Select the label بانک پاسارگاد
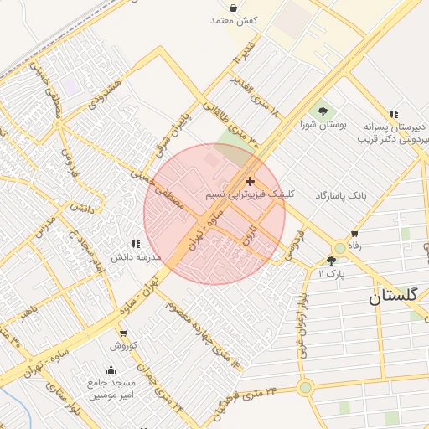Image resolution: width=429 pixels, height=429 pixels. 341,195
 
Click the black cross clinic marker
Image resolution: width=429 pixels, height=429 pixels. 249,181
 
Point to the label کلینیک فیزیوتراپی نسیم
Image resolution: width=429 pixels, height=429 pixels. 249,194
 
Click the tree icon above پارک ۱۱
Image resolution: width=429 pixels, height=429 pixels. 331,261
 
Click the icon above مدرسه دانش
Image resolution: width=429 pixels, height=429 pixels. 136,244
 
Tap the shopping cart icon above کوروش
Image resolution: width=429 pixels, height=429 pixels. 122,333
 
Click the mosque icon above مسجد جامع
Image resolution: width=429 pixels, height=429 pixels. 111,370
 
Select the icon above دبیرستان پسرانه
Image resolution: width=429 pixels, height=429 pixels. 393,114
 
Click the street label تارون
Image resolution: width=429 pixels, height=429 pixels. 247,236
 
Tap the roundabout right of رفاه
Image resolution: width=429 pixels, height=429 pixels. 339,248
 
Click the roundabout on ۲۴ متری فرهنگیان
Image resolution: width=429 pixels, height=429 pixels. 305,387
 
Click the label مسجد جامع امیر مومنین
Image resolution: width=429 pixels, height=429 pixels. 111,389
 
